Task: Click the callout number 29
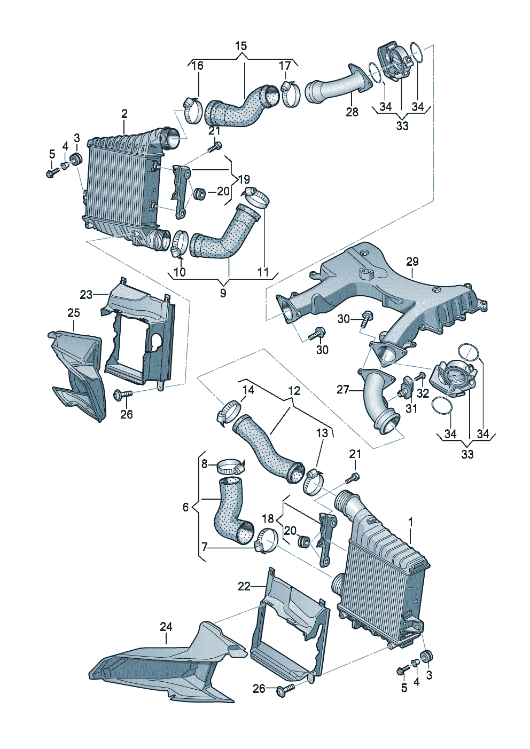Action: tap(412, 262)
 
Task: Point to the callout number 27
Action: tap(342, 390)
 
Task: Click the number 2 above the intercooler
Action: tap(124, 114)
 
